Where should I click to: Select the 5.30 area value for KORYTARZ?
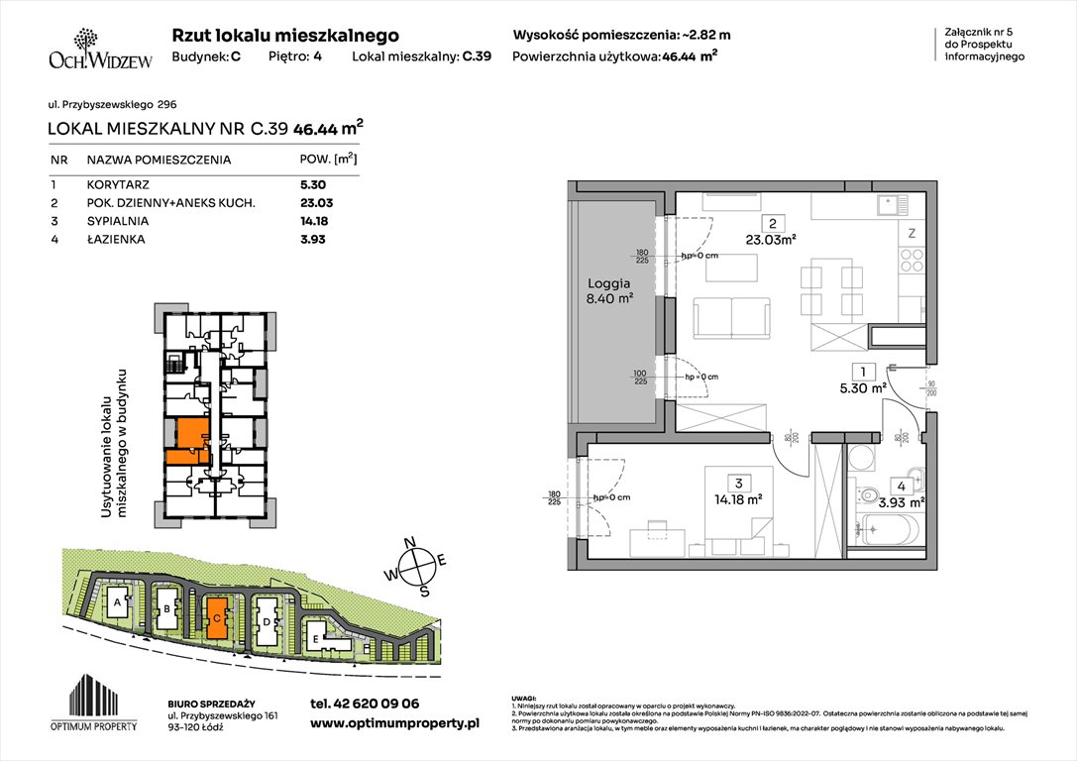(x=313, y=184)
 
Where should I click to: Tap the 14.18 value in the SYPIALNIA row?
(x=313, y=221)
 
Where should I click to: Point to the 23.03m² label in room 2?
(x=771, y=238)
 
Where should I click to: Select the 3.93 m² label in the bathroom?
(x=902, y=501)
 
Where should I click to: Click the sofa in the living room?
(x=731, y=316)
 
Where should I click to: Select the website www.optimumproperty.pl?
(x=394, y=724)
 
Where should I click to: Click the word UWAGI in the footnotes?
(x=524, y=698)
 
